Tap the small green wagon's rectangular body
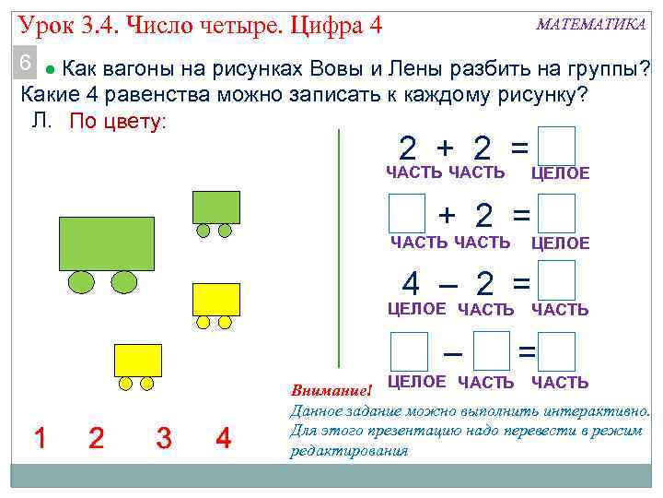215,207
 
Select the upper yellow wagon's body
215,299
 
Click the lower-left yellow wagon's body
137,360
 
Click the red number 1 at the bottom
40,439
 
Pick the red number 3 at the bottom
164,439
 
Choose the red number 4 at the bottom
223,439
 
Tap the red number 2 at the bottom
96,439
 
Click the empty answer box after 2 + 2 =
557,147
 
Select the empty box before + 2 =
407,213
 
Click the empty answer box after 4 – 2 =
557,280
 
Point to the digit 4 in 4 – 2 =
412,281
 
